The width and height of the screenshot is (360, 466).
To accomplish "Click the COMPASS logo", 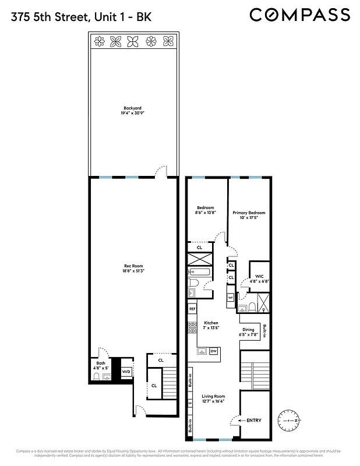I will (x=300, y=14).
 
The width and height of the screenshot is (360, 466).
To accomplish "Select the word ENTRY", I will (x=254, y=420).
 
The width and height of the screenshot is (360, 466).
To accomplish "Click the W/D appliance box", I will (x=126, y=372).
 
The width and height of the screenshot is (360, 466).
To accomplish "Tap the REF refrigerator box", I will (x=192, y=308).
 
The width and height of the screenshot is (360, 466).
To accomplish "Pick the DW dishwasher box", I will (x=213, y=351).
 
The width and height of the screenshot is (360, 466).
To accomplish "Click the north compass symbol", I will (x=289, y=419).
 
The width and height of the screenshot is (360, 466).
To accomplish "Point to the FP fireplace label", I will (x=190, y=403).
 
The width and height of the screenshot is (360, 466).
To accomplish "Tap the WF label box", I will (x=231, y=297).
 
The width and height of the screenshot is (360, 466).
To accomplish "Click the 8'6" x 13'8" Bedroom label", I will (x=206, y=210).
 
